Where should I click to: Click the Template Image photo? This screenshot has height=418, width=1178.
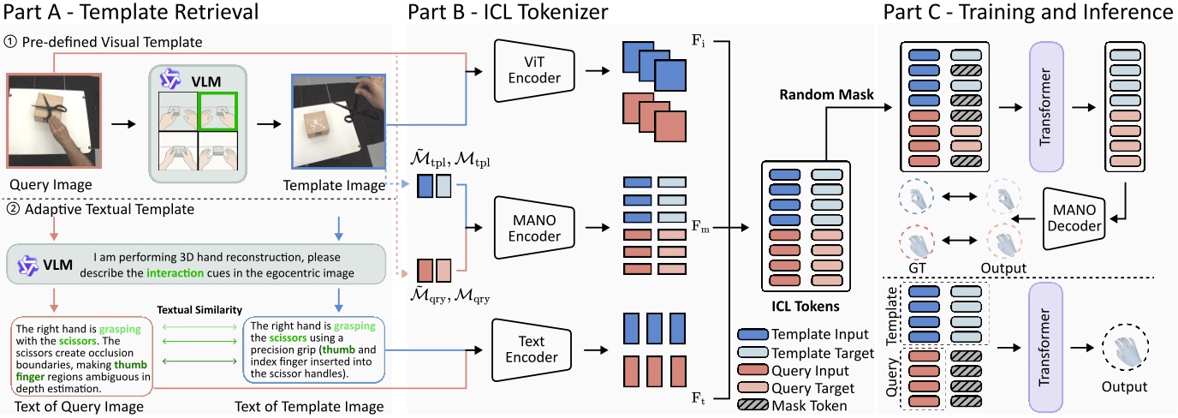tap(337, 122)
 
